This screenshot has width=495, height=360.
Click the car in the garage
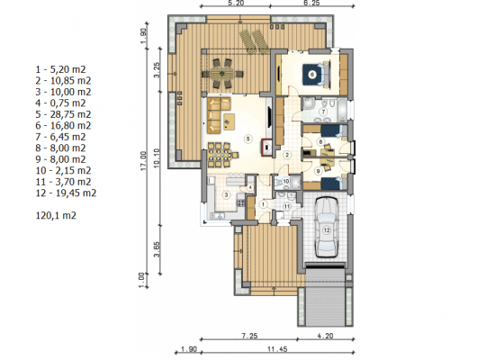(327, 228)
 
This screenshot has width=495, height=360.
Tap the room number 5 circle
(248, 139)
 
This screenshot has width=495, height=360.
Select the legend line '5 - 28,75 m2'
(63, 114)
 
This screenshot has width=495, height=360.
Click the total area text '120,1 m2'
(56, 216)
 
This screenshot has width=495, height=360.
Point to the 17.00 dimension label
(144, 161)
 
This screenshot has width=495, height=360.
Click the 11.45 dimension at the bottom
(277, 349)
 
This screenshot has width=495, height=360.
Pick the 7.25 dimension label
(249, 336)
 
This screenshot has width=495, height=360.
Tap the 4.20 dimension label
(325, 336)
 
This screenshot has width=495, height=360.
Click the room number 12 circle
(327, 229)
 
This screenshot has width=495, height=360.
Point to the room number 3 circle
(226, 194)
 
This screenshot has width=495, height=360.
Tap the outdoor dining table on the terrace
(222, 74)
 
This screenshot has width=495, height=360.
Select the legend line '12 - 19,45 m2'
(66, 193)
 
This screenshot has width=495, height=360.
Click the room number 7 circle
(323, 112)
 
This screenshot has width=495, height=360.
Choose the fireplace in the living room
(266, 148)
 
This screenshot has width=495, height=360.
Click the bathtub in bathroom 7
(342, 110)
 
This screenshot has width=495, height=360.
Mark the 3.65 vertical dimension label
(157, 249)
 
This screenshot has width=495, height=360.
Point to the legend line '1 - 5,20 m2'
(60, 69)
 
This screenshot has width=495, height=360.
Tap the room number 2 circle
(287, 155)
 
